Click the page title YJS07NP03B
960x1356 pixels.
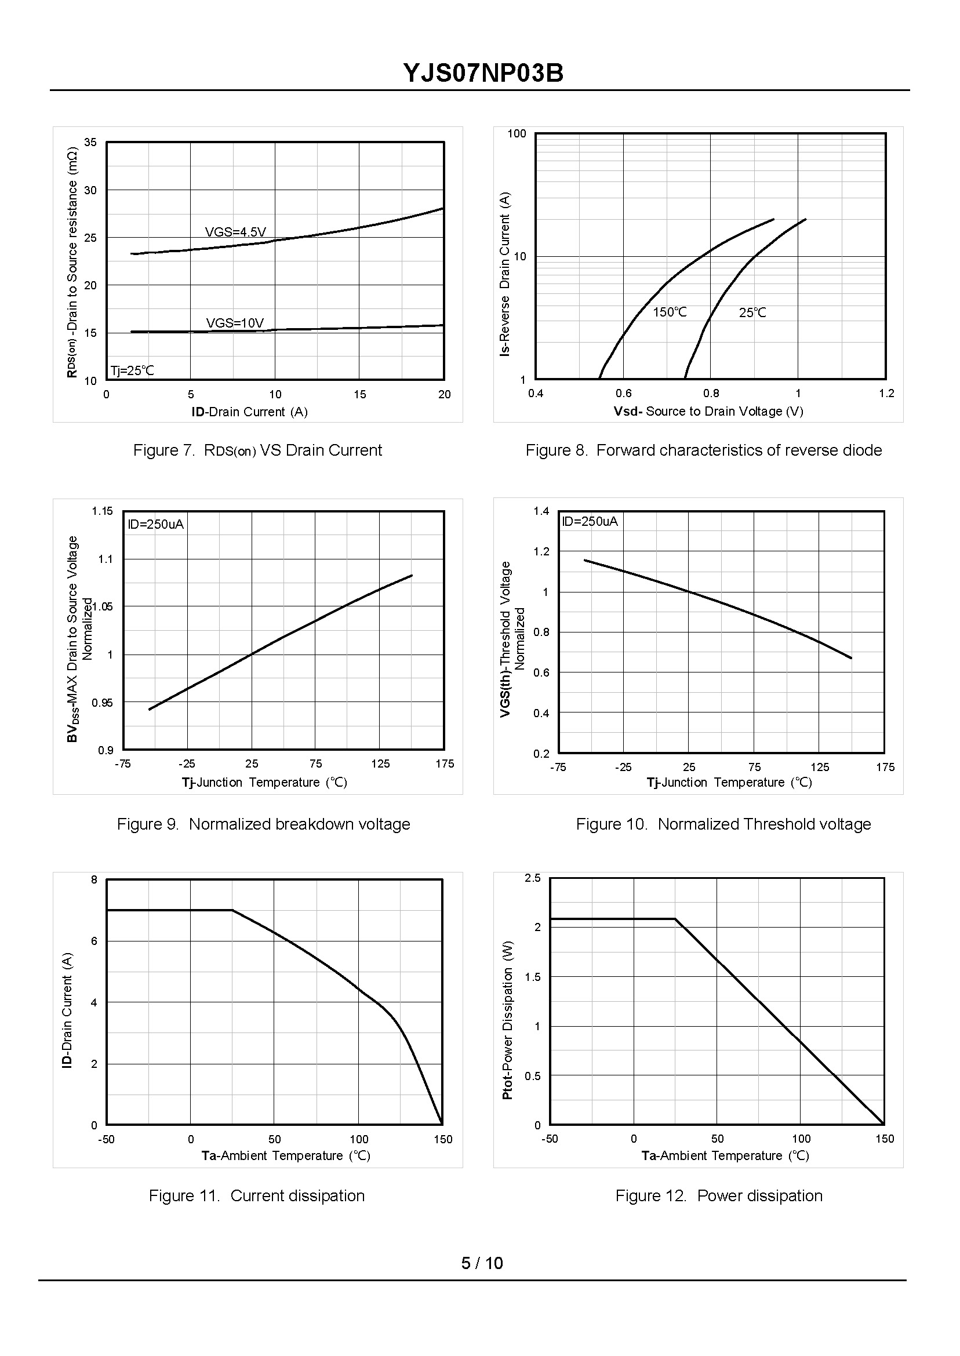483,73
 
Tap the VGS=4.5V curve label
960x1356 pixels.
235,232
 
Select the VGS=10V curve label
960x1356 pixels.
235,323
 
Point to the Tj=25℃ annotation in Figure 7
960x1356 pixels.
132,370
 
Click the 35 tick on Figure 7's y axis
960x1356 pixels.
90,143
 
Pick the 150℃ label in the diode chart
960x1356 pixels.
670,312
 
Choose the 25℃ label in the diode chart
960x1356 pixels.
752,312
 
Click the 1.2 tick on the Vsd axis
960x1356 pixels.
886,394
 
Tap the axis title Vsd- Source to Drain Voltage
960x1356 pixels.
708,412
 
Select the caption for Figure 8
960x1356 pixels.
703,450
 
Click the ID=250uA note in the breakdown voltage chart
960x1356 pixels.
156,524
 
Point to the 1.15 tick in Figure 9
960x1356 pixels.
101,511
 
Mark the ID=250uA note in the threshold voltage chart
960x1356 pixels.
590,521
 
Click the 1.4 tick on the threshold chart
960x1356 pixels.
541,511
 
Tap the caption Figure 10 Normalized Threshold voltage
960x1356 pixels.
723,824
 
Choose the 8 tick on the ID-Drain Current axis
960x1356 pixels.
94,879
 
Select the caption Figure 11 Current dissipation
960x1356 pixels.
257,1196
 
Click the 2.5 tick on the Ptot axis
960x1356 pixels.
533,878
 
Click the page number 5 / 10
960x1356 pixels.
482,1263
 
